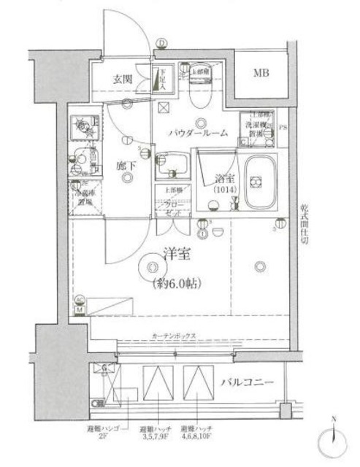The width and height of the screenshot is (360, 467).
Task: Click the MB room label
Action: pos(261,73)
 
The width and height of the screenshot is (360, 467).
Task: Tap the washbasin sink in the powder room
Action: pos(172,162)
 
